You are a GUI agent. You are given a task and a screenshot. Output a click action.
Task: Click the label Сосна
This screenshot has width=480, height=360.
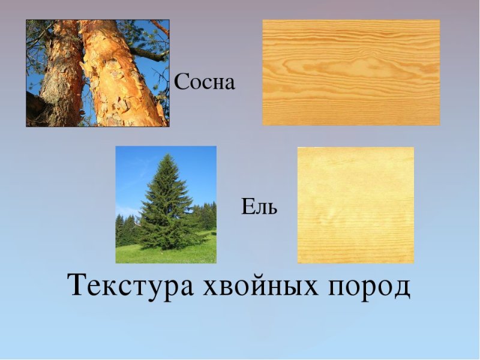click(205, 82)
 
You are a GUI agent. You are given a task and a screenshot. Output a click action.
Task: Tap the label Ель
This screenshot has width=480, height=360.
click(259, 208)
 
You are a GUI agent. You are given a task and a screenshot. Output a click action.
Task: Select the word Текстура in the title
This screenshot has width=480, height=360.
click(131, 285)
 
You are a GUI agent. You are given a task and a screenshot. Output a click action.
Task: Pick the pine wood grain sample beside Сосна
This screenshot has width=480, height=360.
click(351, 73)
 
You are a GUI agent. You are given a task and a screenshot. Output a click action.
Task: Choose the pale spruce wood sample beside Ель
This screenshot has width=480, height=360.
click(355, 205)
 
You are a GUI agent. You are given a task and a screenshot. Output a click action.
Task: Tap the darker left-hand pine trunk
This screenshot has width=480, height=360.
click(60, 78)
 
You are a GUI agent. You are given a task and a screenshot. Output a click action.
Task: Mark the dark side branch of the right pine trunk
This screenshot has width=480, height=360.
click(150, 55)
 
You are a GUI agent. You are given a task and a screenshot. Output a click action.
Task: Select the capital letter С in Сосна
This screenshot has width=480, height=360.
click(181, 82)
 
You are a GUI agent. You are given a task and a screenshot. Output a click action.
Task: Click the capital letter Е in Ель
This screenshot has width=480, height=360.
click(247, 208)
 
